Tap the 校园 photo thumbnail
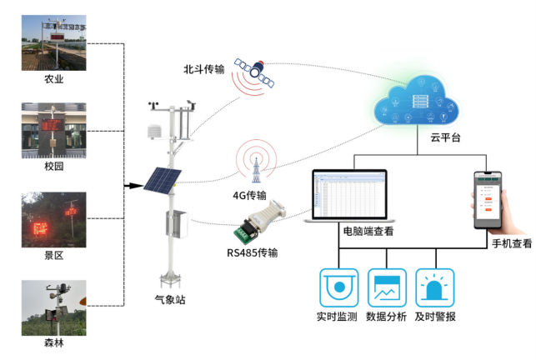(x=54, y=130)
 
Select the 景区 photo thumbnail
(x=54, y=219)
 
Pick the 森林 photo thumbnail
(x=54, y=307)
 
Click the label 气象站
(x=170, y=299)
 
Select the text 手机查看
(x=510, y=244)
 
